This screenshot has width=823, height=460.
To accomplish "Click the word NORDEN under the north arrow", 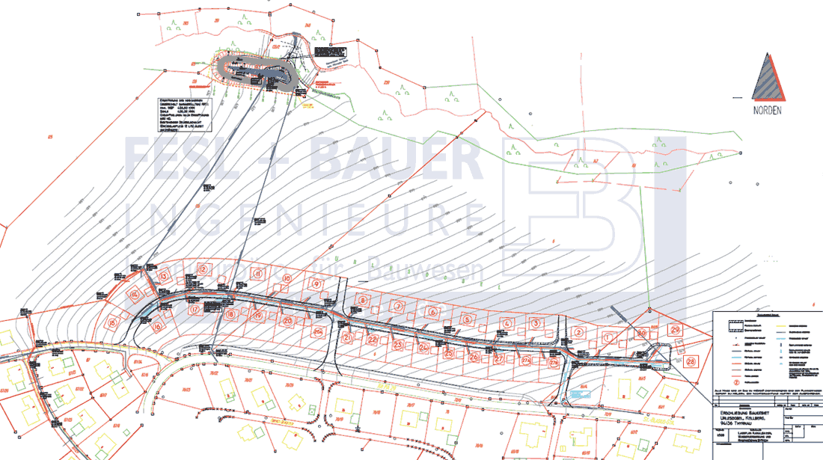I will click(x=768, y=110).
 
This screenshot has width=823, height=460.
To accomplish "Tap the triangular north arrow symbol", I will click(x=768, y=78).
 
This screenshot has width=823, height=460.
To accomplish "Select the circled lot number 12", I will click(x=203, y=269).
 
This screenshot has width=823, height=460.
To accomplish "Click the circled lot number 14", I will click(x=135, y=295).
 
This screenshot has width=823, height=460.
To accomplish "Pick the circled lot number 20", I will click(x=287, y=321).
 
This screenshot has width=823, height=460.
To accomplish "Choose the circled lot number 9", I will click(x=316, y=285).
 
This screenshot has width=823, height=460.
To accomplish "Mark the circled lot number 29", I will click(x=675, y=330).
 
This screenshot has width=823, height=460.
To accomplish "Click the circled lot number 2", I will click(x=578, y=332).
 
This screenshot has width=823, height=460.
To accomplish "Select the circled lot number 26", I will click(x=473, y=357).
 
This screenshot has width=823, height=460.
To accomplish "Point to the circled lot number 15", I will click(x=114, y=323).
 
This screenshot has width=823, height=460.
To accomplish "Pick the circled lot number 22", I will click(x=372, y=340).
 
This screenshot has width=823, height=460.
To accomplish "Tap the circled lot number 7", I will click(x=399, y=307).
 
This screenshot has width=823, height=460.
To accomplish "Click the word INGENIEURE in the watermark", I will click(x=299, y=217).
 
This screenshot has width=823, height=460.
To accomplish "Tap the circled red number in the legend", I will click(x=724, y=379).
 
